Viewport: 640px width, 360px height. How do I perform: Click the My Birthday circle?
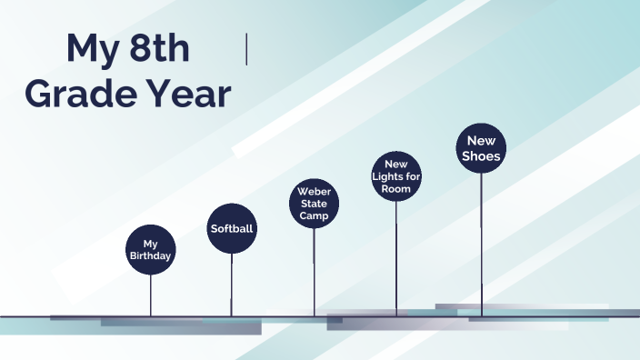(x=150, y=248)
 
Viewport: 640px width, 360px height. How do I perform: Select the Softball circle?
(x=232, y=228)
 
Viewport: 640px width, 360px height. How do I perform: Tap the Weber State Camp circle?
(x=314, y=203)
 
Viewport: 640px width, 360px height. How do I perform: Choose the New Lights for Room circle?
(x=396, y=176)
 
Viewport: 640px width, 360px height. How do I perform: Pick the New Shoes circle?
(x=481, y=148)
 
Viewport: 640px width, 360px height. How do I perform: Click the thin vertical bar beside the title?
(x=246, y=49)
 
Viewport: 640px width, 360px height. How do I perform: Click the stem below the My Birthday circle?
(x=151, y=294)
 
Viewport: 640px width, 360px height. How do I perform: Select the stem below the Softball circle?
(x=232, y=285)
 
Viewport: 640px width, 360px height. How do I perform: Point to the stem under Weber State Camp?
(x=314, y=272)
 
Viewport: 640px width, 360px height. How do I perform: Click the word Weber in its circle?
(x=315, y=192)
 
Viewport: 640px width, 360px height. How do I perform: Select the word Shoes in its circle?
(x=481, y=156)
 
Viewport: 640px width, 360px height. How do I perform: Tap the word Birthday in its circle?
(x=150, y=255)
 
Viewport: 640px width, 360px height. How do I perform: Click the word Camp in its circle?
(x=314, y=215)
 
